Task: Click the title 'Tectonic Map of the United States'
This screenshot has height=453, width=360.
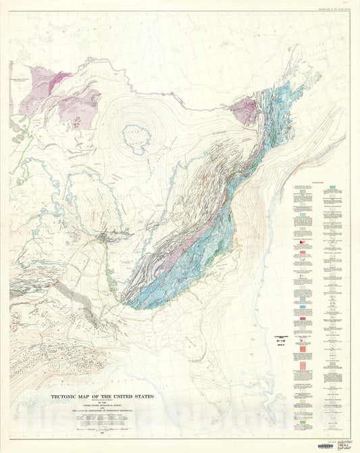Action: (103, 396)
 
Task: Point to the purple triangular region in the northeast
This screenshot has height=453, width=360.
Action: (245, 110)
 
